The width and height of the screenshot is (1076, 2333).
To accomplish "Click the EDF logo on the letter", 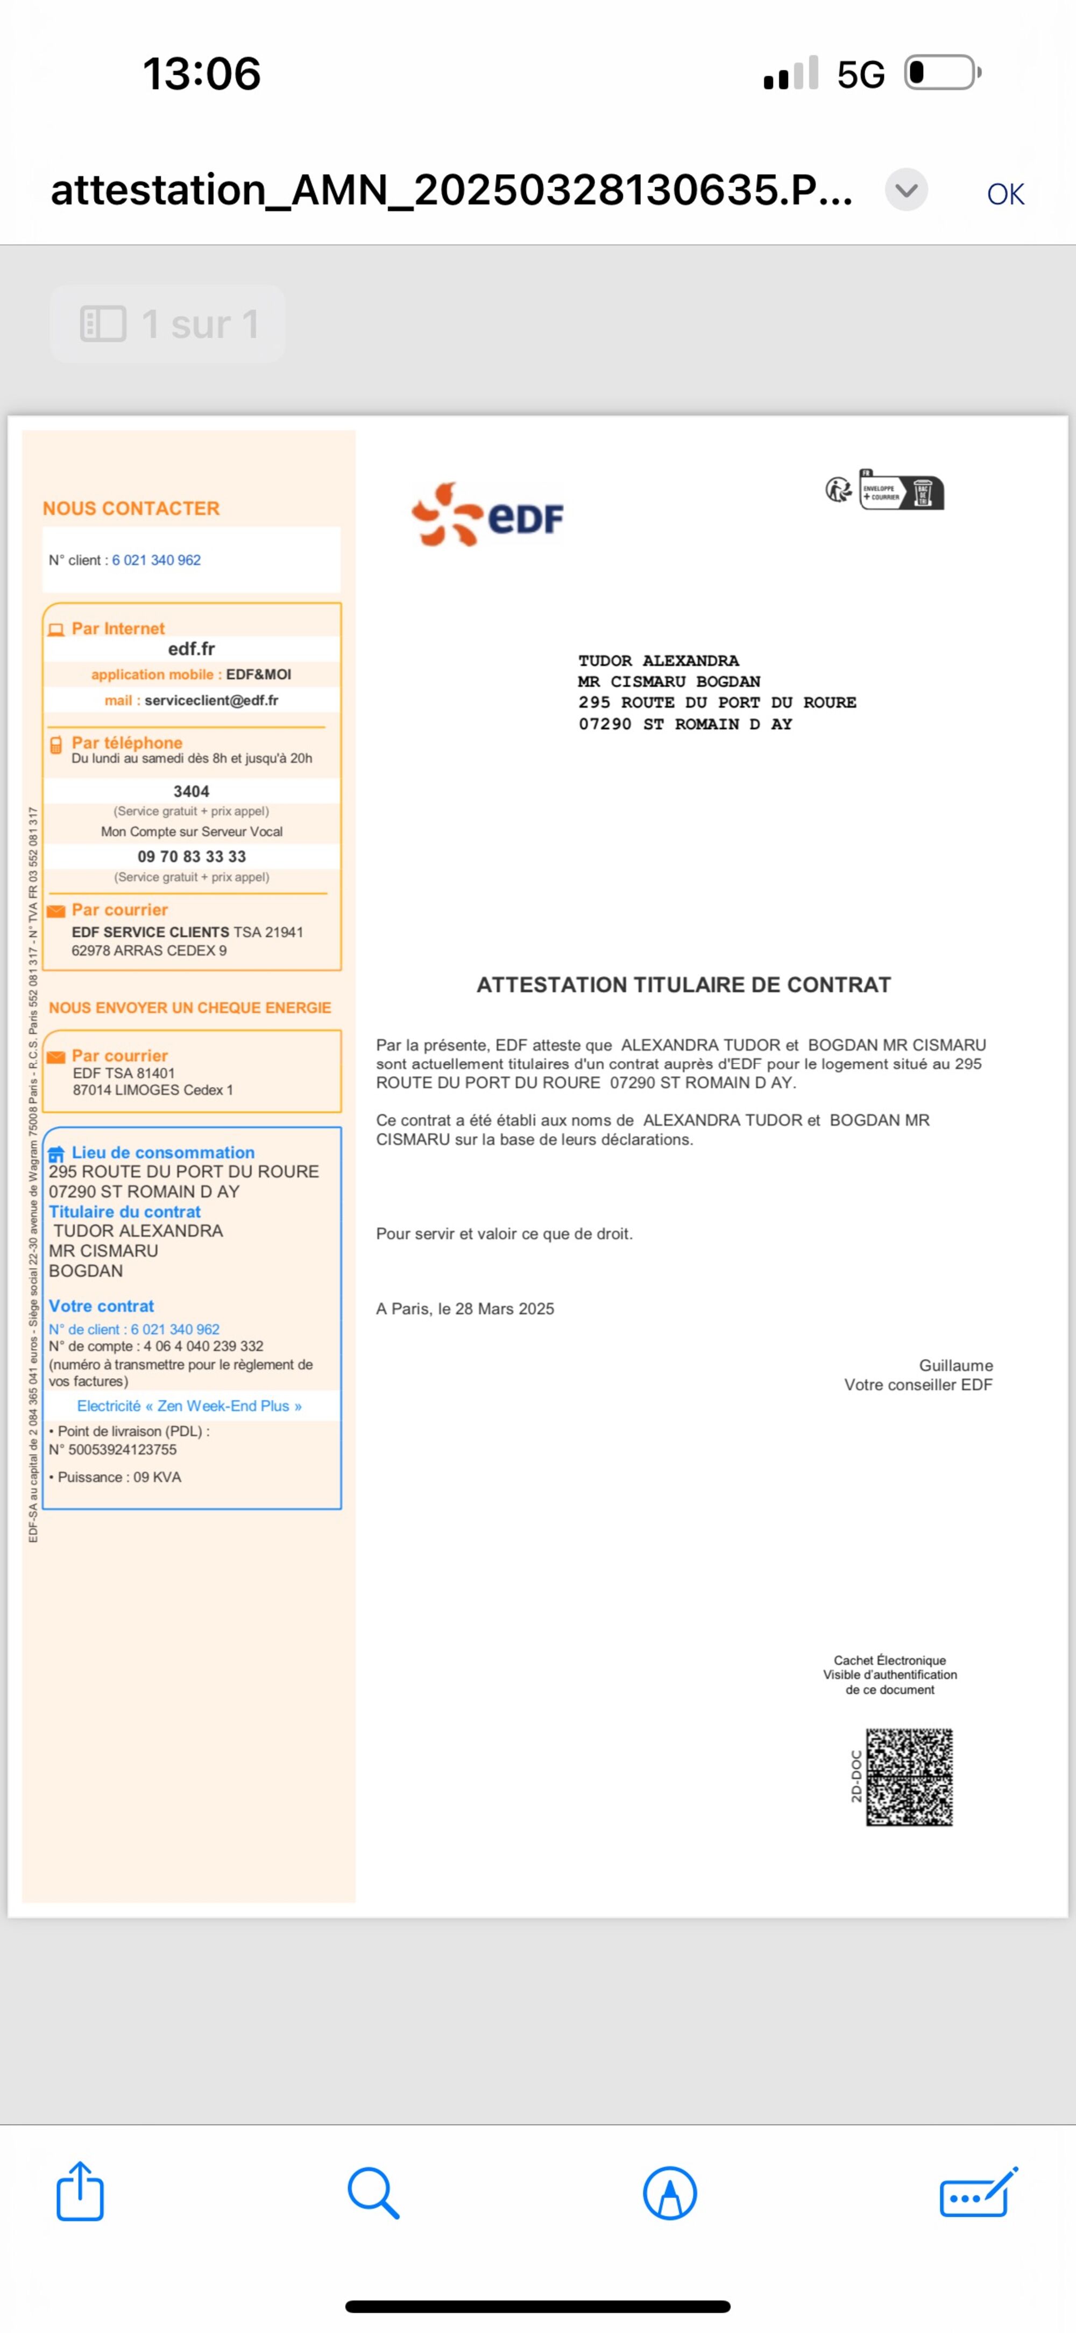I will coord(487,514).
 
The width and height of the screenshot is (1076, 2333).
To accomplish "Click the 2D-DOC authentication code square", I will coord(909,1777).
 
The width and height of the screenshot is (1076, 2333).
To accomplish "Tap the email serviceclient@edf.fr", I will coord(211,700).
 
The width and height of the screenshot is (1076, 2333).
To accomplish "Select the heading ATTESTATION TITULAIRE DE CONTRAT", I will coord(684,984).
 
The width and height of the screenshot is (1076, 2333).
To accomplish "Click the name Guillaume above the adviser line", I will coord(955,1365).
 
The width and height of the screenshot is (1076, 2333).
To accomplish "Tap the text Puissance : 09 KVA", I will coord(119,1477).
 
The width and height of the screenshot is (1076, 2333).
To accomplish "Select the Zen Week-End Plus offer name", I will coord(189,1406).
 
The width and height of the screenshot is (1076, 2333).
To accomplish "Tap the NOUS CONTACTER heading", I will coord(131,508).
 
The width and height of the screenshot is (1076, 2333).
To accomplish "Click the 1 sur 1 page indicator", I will coord(168,324).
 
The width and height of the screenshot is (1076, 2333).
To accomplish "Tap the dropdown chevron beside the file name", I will coord(906,190).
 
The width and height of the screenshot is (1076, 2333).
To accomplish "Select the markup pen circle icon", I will coord(669,2193).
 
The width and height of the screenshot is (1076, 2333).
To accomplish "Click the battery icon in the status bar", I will coord(942,73).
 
